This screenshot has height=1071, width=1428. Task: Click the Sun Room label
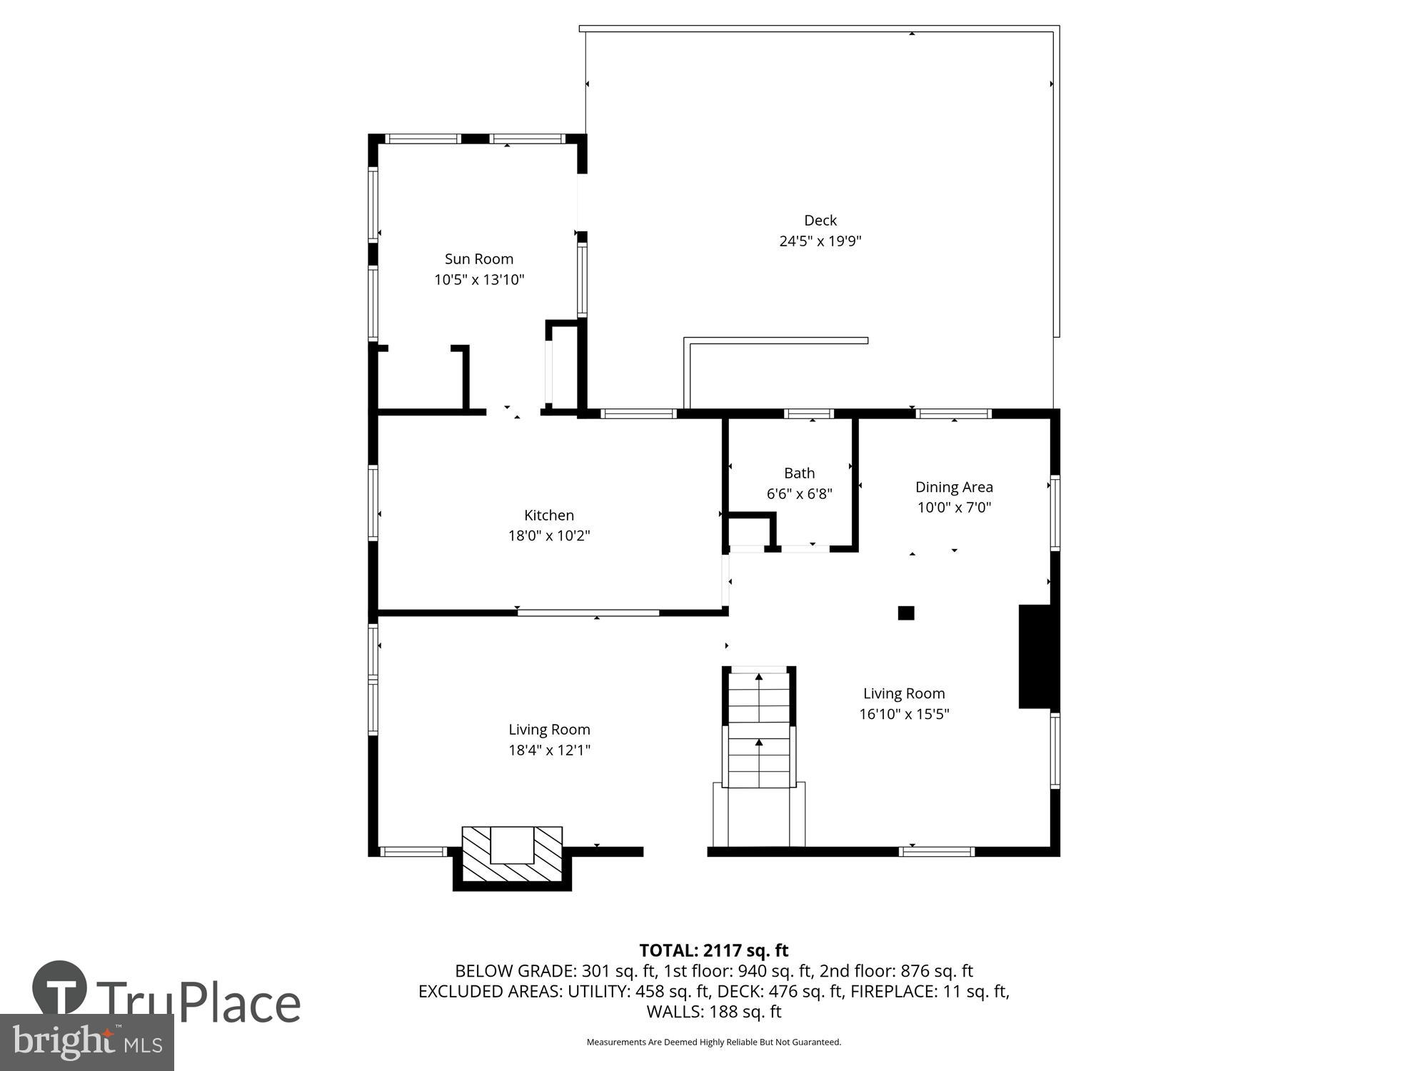coord(478,259)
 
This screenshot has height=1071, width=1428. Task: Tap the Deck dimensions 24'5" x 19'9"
coord(820,241)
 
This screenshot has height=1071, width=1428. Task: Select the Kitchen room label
coord(548,516)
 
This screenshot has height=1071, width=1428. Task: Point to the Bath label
coord(799,473)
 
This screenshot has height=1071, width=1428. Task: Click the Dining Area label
coord(954,487)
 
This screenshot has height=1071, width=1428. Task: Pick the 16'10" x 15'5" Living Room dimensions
coord(904,714)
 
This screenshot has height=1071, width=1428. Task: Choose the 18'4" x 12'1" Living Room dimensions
coord(548,750)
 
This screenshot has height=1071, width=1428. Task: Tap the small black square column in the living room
coord(905,613)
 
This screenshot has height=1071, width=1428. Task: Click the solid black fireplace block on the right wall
coord(1035,656)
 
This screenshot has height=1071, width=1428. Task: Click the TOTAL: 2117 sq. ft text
coord(713,950)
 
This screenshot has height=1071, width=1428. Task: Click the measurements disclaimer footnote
coord(713,1042)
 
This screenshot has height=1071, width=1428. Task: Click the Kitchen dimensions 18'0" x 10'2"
coord(548,536)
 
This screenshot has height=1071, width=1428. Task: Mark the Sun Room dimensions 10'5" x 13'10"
coord(478,280)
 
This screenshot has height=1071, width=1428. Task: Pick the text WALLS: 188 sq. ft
coord(713,1012)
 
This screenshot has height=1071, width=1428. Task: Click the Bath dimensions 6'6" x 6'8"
coord(799,494)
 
